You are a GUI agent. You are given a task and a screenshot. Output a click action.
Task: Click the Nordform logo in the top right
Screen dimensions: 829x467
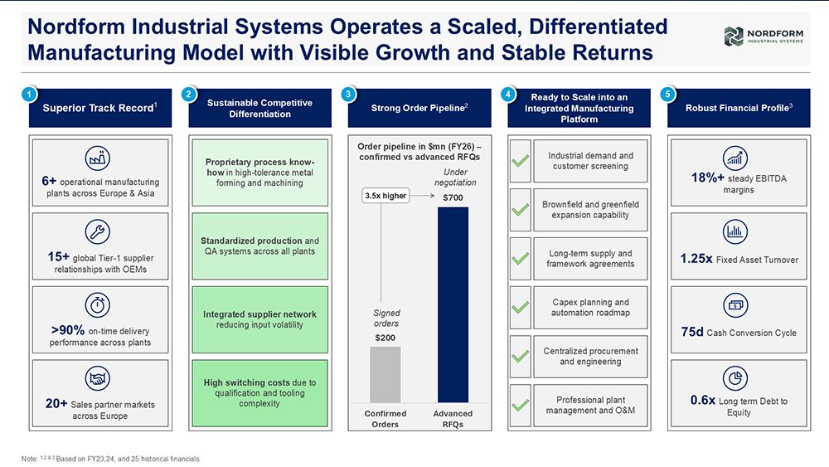(x=764, y=36)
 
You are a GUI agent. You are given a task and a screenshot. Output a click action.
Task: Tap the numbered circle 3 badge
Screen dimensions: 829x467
(x=348, y=94)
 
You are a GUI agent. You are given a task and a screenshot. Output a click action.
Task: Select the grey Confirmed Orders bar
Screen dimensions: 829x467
(x=385, y=374)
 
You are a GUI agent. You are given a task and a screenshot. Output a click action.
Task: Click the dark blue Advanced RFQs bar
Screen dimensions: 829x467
(x=453, y=304)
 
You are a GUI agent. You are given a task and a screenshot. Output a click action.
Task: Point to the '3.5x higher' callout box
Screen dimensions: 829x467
(x=385, y=196)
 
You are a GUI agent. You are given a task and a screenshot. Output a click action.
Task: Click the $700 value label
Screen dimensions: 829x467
(x=453, y=197)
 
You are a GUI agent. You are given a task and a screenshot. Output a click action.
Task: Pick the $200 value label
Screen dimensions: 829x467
(x=385, y=338)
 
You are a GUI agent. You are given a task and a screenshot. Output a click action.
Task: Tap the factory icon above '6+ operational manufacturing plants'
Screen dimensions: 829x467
(x=98, y=158)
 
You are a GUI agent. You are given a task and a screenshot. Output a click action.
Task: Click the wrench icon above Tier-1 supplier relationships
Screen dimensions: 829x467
(x=98, y=231)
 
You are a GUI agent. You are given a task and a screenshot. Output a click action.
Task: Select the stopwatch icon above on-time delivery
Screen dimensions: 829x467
(x=98, y=305)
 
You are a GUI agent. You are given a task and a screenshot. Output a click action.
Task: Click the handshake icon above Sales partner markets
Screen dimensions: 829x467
(x=98, y=379)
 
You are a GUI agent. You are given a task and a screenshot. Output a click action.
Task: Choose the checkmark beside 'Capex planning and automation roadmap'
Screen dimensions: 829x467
(x=521, y=307)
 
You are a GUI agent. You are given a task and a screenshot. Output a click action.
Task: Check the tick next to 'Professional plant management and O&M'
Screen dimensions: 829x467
(x=521, y=405)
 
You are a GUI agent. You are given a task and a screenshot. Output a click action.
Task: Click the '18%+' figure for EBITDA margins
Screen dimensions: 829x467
(x=707, y=178)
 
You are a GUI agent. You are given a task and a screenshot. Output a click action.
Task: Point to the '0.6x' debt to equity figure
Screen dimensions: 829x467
(x=703, y=401)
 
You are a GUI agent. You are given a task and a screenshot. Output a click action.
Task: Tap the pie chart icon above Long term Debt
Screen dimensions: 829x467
(x=735, y=379)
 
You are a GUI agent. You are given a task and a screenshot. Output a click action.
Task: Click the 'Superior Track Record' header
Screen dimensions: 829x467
(x=100, y=108)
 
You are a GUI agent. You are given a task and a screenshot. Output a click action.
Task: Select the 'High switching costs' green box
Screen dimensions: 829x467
(x=259, y=393)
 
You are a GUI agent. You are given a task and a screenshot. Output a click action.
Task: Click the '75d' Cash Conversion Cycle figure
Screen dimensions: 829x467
(x=692, y=332)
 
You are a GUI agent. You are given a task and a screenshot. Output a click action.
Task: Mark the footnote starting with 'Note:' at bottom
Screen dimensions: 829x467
(x=110, y=459)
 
